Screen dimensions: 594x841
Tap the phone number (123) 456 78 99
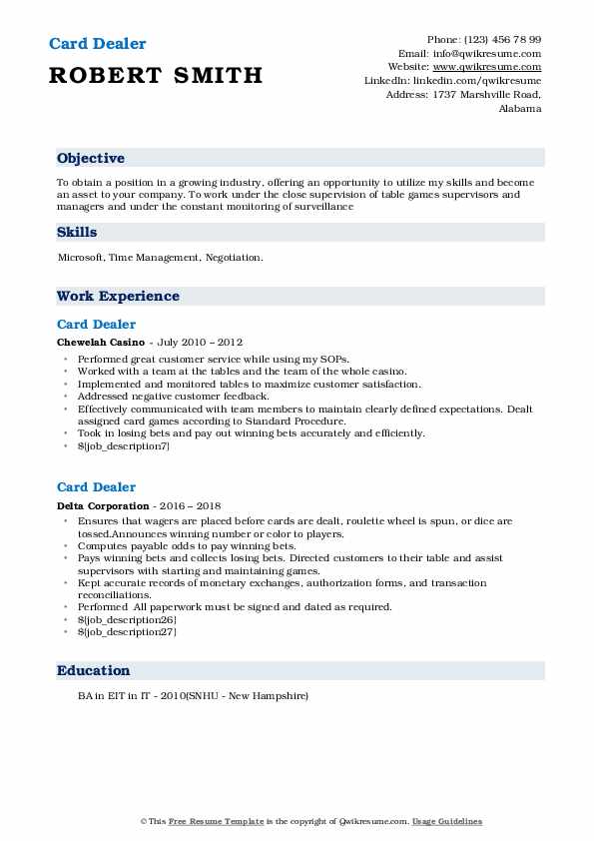pyautogui.click(x=499, y=39)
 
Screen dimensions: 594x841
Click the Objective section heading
pyautogui.click(x=91, y=158)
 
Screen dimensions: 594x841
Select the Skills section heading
pyautogui.click(x=77, y=232)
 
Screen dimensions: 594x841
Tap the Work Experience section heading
pyautogui.click(x=118, y=296)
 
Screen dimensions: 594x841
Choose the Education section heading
pyautogui.click(x=93, y=670)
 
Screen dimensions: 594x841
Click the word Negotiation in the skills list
pyautogui.click(x=235, y=258)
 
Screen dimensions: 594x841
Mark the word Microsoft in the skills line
pyautogui.click(x=80, y=258)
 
